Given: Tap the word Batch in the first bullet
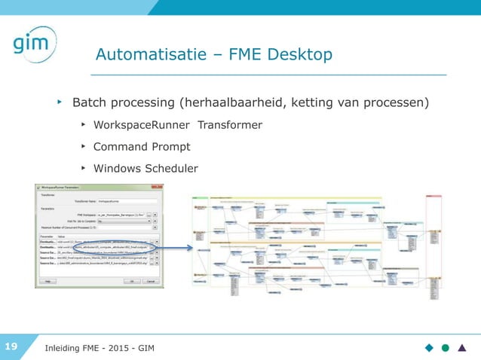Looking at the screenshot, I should [90, 102].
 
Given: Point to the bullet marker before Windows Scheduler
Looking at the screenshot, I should [81, 168].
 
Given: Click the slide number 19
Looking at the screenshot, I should [12, 346].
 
